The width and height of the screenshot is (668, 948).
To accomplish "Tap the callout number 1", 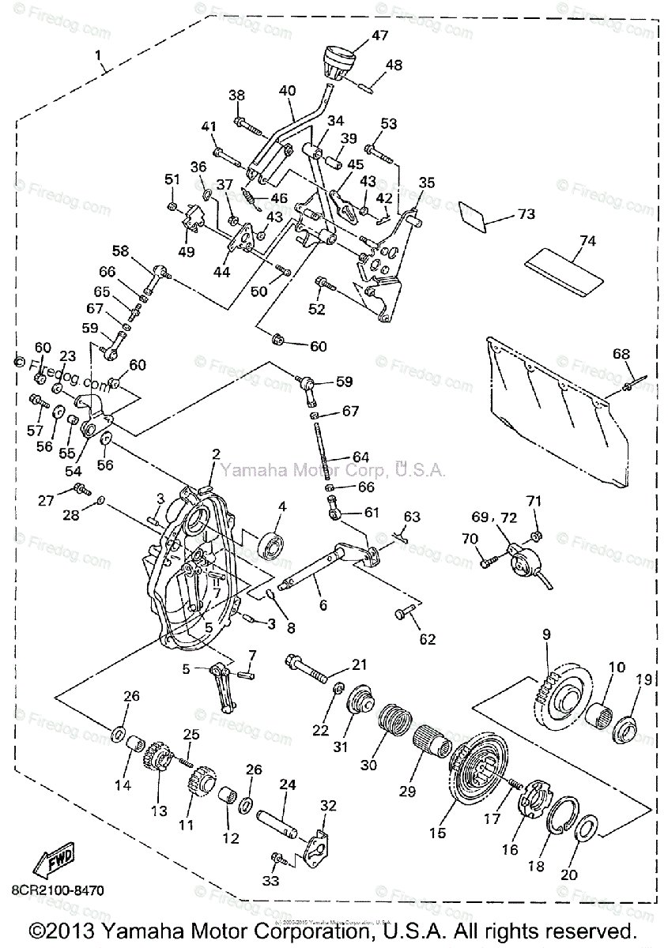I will click(98, 55).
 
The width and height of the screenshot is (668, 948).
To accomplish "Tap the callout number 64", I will click(360, 457).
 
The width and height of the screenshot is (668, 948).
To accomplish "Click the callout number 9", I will click(546, 633).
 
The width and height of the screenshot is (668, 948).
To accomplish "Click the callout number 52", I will click(317, 309).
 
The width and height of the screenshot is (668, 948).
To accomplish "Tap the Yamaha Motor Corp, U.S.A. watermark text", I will click(332, 471).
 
